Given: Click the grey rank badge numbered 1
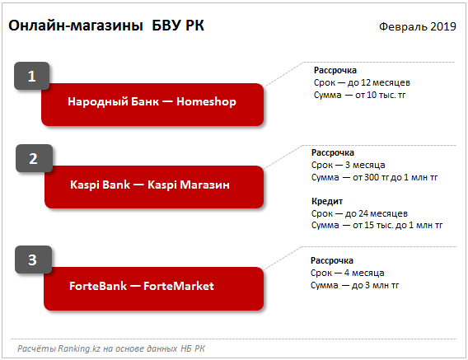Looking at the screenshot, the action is point(31,76).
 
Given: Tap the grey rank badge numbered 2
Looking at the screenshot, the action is point(34,158).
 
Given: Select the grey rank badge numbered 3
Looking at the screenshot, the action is point(33,259).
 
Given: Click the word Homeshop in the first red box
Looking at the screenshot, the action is point(206,102).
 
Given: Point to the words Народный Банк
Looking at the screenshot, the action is point(113,102).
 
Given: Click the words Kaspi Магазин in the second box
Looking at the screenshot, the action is point(189,185).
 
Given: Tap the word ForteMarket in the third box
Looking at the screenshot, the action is point(179,286).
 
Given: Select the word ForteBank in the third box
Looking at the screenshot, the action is point(98,286).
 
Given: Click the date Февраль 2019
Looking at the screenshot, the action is point(418,26).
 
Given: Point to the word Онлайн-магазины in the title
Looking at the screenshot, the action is point(76,26).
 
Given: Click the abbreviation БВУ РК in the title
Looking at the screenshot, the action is point(178,26).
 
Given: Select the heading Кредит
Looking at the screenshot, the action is point(327,201).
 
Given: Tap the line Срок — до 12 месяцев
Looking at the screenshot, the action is point(362,82).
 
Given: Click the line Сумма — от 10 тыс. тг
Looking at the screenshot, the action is point(359,95).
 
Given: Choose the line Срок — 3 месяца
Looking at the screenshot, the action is point(348,165).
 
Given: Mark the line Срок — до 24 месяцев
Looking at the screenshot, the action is point(359,213).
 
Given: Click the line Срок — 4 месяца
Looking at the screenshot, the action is point(347,273).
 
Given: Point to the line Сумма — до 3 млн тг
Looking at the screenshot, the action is point(354,285).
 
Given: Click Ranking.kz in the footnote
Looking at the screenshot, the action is point(79,348).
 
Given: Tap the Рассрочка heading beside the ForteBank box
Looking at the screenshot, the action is point(332,260).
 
